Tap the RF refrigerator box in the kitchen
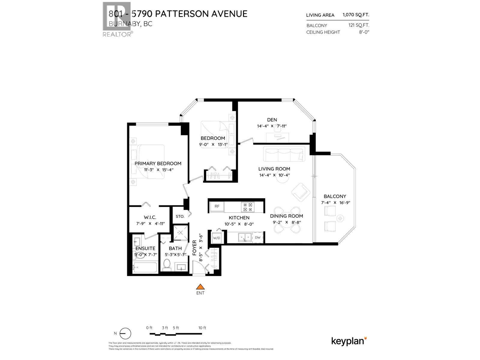[217, 206]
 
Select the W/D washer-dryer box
[217, 238]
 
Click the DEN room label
[272, 120]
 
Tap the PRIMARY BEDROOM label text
[158, 163]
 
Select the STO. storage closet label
[180, 216]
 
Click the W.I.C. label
[150, 217]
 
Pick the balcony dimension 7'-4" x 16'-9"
[335, 202]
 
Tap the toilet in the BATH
[167, 264]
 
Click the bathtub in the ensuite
[145, 268]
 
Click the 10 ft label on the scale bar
[202, 328]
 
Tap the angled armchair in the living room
[301, 192]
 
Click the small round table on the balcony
[340, 218]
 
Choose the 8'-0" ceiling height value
[364, 32]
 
